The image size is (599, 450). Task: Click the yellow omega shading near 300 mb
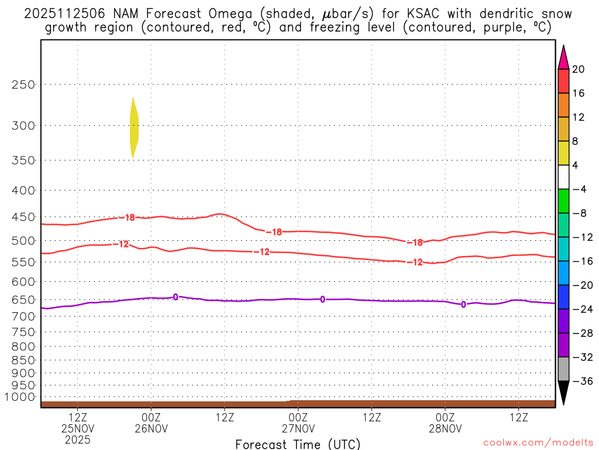tap(134, 128)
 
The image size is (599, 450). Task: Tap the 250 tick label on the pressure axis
tap(24, 84)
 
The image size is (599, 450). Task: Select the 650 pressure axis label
tap(24, 299)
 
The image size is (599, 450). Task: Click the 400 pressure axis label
tap(24, 190)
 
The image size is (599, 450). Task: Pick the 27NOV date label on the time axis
tap(298, 429)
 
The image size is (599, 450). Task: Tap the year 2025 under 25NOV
tap(78, 439)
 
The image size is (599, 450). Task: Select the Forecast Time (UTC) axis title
tap(298, 444)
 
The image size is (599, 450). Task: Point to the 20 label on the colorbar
tap(579, 70)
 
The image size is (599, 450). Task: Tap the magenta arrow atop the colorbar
tap(563, 57)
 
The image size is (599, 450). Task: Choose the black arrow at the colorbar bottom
tap(563, 393)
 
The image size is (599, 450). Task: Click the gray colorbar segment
tap(563, 369)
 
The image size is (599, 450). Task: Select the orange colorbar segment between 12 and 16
tap(563, 105)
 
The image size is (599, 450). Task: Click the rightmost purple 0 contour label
tap(463, 304)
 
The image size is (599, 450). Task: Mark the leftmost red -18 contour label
tap(129, 217)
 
